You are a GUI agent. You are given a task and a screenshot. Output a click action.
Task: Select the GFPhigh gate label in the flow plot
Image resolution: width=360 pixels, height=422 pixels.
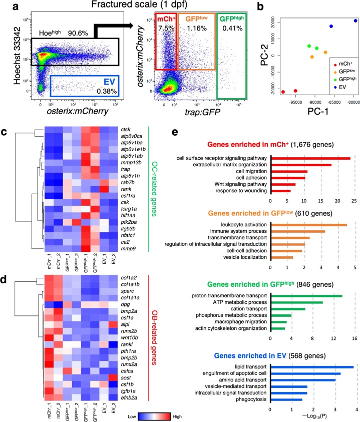[234, 19]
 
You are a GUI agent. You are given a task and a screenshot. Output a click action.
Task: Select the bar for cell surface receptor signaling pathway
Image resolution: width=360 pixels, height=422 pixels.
[310, 159]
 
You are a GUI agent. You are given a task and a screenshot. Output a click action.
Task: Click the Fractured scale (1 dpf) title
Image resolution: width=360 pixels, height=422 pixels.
[138, 6]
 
